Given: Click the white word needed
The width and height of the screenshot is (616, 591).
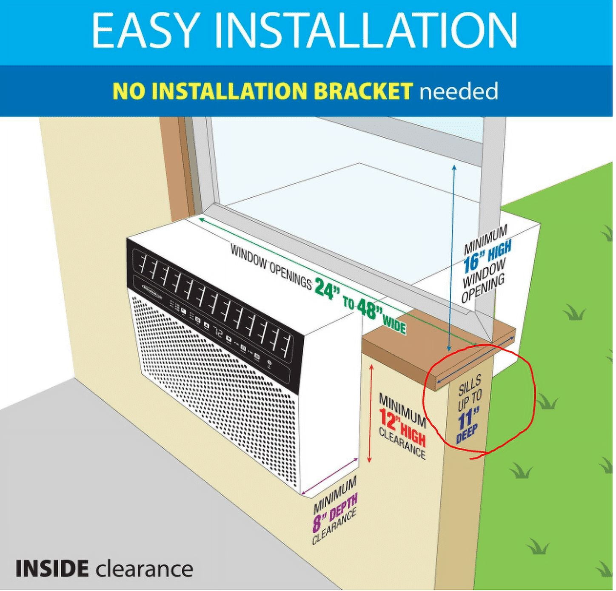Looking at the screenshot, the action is click(458, 91).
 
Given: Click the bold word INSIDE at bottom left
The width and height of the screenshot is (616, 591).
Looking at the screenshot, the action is click(52, 568).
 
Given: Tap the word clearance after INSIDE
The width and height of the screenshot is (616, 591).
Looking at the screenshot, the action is click(144, 568).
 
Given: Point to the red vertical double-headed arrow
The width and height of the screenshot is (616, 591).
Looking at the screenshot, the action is click(371, 415).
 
